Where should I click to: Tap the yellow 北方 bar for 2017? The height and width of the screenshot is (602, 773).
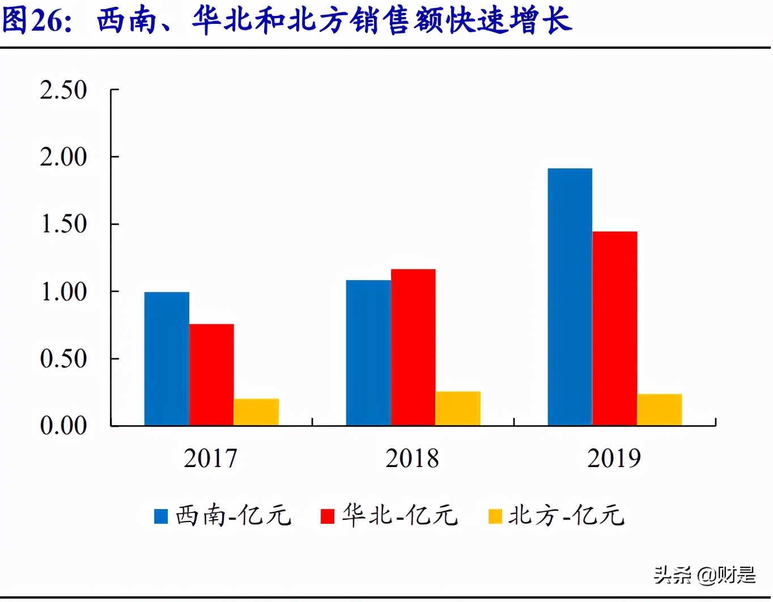[256, 412]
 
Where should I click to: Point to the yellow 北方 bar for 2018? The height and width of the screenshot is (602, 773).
[458, 408]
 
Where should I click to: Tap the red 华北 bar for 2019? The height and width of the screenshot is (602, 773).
[615, 328]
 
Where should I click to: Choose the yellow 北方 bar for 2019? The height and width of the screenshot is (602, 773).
[660, 409]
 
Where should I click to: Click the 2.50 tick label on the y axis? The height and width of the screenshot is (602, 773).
[63, 90]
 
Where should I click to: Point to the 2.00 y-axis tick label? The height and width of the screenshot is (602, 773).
[63, 157]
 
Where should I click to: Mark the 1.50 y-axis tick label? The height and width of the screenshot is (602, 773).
[63, 224]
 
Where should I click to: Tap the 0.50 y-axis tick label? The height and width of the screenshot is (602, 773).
[63, 359]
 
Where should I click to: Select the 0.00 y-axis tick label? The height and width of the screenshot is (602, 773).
[63, 426]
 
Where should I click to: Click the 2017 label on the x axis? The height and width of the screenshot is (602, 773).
[211, 458]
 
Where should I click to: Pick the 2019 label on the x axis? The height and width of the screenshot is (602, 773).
[614, 458]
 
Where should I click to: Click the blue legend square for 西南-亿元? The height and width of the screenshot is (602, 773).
[161, 516]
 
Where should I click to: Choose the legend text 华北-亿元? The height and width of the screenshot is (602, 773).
[400, 516]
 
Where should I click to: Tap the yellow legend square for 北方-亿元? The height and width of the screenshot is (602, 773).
[495, 516]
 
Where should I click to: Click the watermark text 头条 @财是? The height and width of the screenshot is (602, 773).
[704, 575]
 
